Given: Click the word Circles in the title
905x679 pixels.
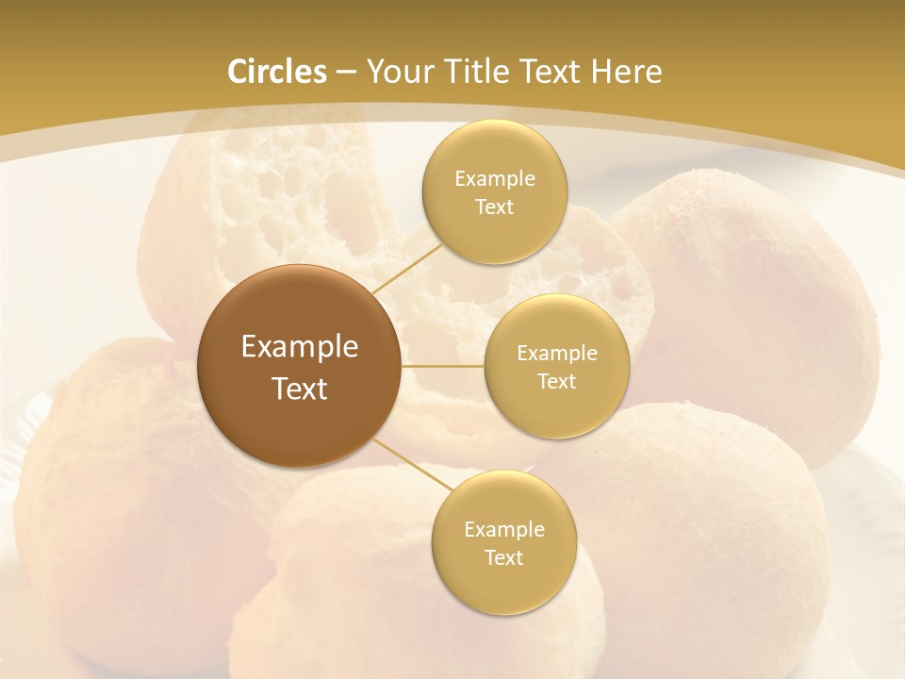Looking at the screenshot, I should click(276, 72).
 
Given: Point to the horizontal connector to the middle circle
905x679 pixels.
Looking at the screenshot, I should click(443, 366).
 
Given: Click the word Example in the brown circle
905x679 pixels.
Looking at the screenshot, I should click(300, 347).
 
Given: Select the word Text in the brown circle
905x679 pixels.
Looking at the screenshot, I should click(300, 389).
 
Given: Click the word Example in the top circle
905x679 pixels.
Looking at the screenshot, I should click(494, 179).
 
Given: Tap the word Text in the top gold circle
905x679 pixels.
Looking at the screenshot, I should click(494, 207).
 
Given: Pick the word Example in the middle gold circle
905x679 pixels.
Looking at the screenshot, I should click(557, 354).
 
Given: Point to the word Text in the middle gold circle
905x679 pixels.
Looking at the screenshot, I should click(557, 382).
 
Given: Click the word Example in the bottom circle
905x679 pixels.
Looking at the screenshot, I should click(503, 530).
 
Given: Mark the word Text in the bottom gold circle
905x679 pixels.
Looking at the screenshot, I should click(503, 558).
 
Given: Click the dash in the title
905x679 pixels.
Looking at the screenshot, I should click(346, 73).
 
